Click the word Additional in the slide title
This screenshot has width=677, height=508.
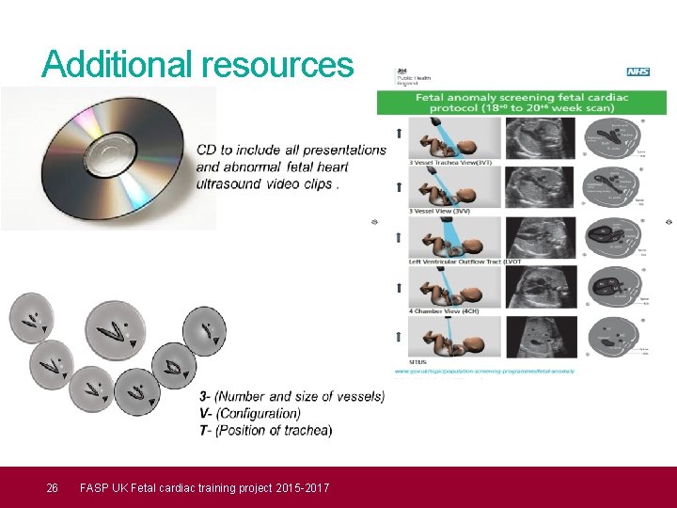tap(118, 64)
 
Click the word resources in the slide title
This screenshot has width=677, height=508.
tap(277, 64)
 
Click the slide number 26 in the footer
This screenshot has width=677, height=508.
tap(53, 487)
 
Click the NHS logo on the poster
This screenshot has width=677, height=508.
tap(638, 72)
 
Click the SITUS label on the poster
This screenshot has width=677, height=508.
tap(418, 360)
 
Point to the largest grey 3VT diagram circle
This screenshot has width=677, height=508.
tap(115, 330)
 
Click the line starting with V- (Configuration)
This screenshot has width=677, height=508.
tap(250, 413)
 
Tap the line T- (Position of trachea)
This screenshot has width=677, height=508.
tap(265, 430)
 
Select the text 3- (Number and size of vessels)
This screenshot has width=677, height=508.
tap(291, 396)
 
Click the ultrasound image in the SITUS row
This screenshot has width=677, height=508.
tap(541, 336)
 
